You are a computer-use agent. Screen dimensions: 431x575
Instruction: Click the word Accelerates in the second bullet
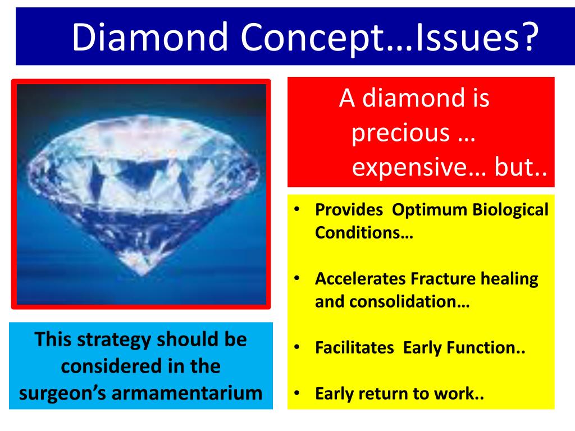tap(360, 278)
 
